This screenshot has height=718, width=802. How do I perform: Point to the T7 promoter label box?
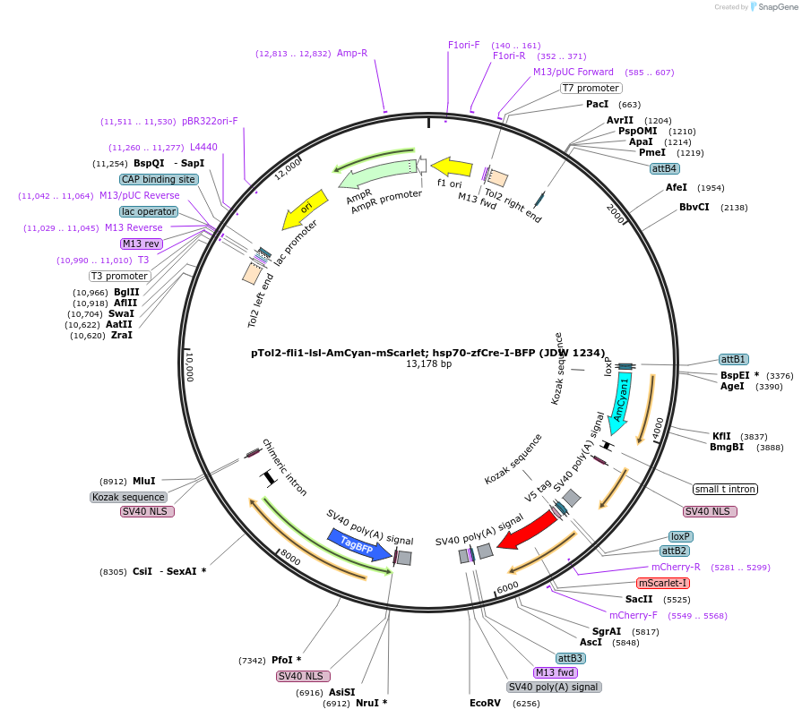591,88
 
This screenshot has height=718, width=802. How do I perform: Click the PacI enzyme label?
597,105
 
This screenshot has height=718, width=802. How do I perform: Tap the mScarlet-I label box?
664,583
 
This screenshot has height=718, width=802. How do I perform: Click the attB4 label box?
665,168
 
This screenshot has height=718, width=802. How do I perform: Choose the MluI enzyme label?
143,481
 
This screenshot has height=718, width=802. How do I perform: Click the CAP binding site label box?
159,179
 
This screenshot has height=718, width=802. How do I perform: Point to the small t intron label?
725,489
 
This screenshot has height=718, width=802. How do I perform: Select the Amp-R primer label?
352,53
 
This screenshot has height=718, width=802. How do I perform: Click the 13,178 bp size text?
428,364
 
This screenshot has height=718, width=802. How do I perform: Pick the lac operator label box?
149,211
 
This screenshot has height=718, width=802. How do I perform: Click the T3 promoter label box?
119,276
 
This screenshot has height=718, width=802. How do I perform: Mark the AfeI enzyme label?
677,187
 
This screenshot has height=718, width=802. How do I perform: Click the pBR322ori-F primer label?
210,121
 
